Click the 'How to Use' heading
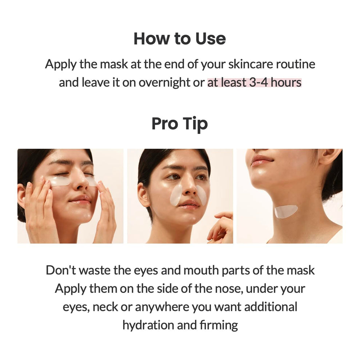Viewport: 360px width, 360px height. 180,39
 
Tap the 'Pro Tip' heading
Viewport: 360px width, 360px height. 180,124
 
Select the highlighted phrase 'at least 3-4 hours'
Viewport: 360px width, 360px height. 254,83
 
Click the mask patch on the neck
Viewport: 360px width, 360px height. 286,211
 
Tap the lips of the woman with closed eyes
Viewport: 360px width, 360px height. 81,199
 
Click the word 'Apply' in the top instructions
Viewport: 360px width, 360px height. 60,64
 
